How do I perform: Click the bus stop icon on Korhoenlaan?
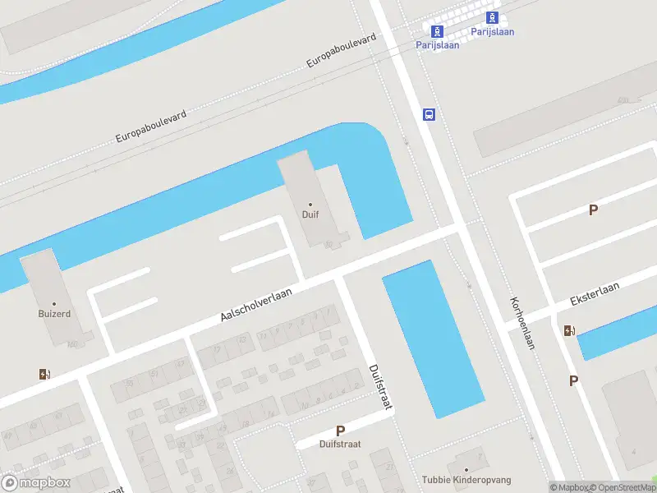click(429, 115)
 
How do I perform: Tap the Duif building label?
click(310, 214)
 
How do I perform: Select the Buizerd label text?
click(54, 314)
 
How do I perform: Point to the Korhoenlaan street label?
click(522, 323)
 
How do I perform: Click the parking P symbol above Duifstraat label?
click(340, 431)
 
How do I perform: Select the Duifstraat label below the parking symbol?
click(340, 444)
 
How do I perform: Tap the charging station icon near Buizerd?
click(44, 375)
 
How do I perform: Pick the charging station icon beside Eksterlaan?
click(569, 331)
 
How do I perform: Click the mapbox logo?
click(34, 483)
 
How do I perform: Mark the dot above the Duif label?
click(310, 204)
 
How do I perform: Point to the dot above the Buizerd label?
click(54, 304)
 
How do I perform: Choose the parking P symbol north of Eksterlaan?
click(593, 210)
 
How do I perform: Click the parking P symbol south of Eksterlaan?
click(573, 380)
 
